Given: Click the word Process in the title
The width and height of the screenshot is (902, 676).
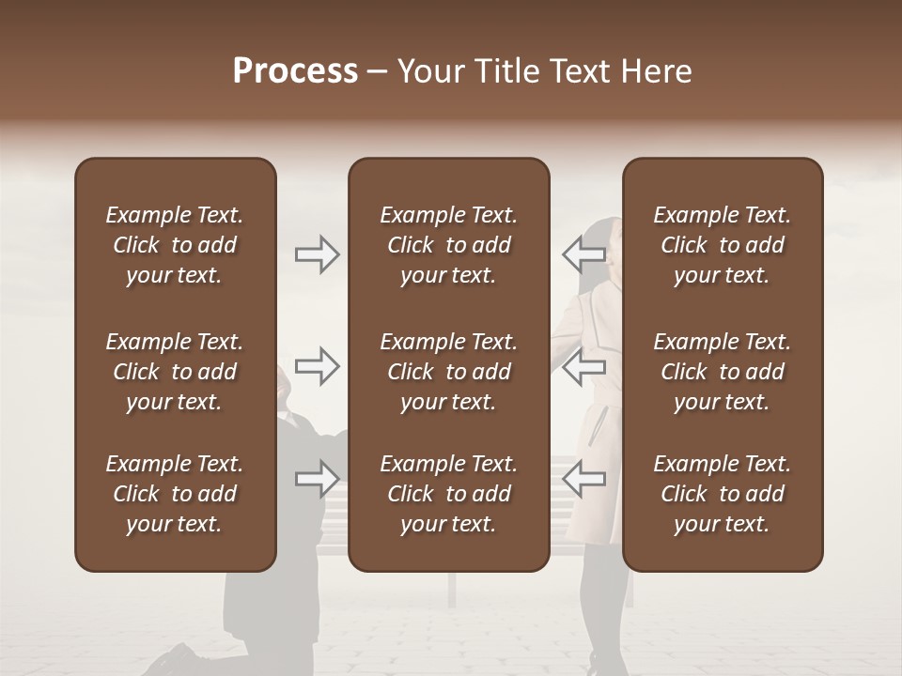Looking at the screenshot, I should point(295,71).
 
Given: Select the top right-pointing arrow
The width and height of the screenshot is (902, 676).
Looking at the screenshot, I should point(318,254).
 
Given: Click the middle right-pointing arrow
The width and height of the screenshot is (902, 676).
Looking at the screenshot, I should point(318,366).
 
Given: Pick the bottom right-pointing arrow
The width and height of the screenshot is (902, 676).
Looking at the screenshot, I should point(318,479).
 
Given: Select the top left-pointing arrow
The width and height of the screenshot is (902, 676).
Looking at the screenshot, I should point(583,254).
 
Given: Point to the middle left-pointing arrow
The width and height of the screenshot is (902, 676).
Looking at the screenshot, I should point(583,366).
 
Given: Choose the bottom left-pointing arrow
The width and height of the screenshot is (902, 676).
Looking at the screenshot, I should point(583,479).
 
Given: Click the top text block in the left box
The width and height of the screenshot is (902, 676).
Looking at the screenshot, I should point(175,245).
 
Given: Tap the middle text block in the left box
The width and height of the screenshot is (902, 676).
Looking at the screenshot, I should point(175,372).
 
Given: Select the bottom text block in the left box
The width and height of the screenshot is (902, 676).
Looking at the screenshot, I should point(175,494).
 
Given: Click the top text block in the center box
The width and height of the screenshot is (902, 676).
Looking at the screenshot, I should point(448,245).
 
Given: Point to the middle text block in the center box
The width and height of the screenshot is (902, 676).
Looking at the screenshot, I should point(448,372).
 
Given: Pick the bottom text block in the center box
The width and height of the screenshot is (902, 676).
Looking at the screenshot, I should point(448,494).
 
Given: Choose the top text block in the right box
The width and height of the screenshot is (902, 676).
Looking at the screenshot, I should point(722,245).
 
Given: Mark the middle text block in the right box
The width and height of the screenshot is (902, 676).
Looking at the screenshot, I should point(722,372).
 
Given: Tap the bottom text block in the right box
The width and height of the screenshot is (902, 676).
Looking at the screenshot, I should point(722,494).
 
